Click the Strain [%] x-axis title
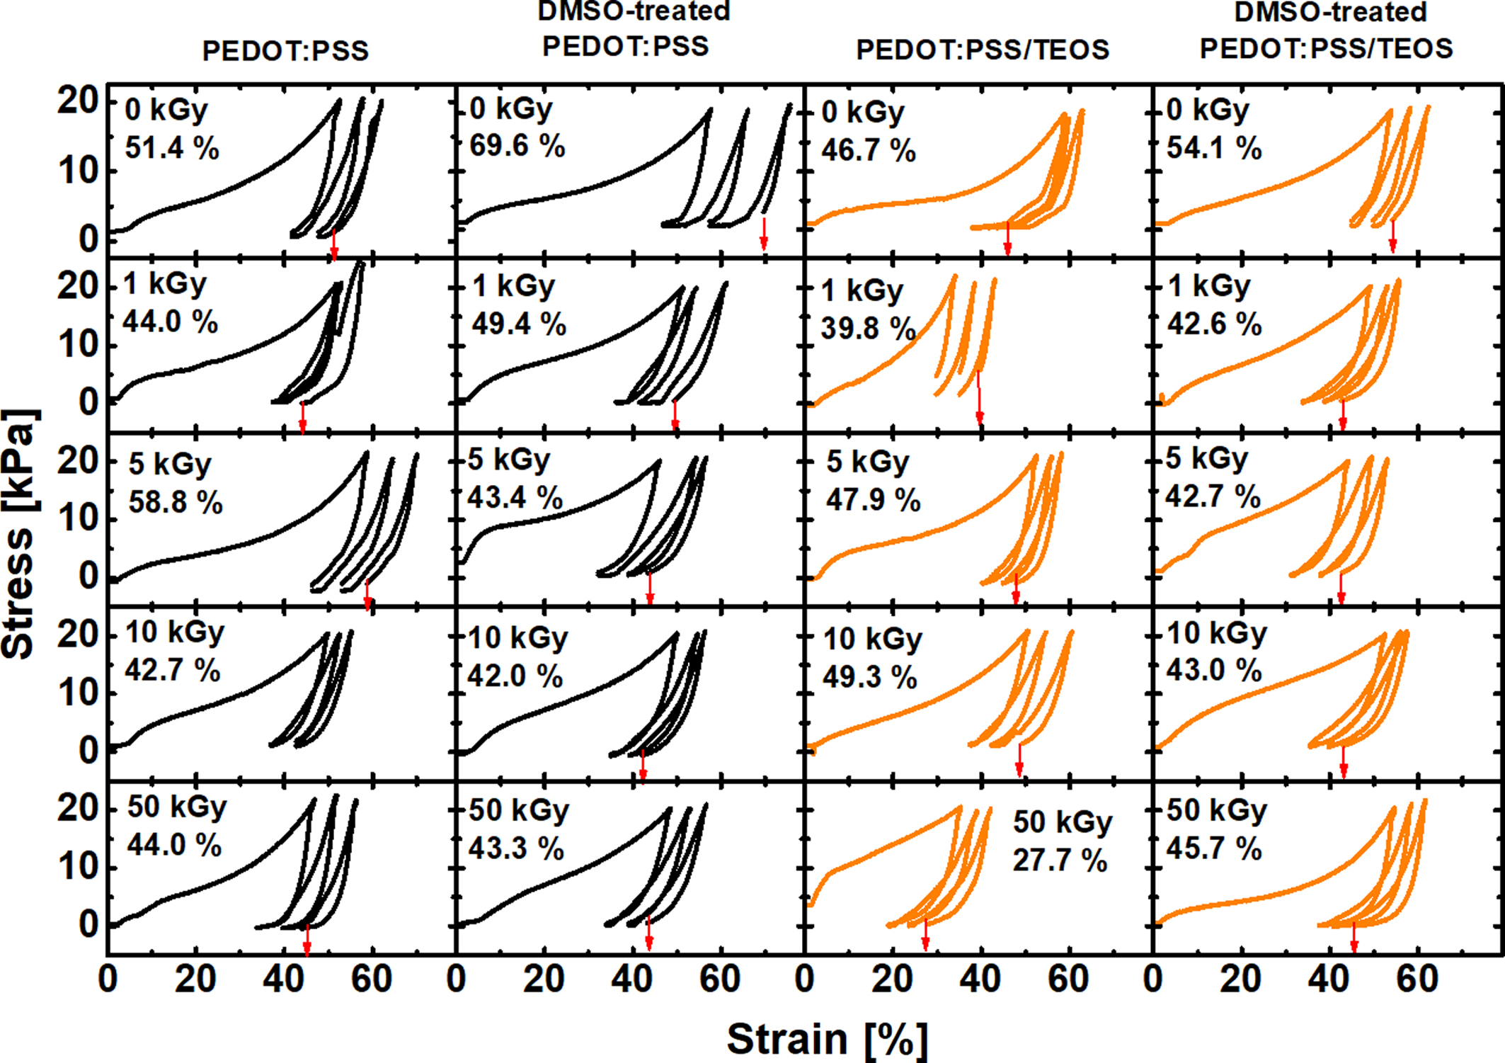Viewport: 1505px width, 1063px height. pyautogui.click(x=827, y=1039)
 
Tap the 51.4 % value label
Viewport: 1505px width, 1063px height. pyautogui.click(x=172, y=148)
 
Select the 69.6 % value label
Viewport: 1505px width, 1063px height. pyautogui.click(x=517, y=145)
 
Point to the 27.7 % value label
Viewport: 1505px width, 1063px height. pyautogui.click(x=1060, y=860)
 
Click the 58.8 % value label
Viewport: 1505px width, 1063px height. pyautogui.click(x=176, y=501)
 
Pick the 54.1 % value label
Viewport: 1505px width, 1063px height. pyautogui.click(x=1214, y=147)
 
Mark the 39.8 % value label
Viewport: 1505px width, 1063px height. pyautogui.click(x=869, y=328)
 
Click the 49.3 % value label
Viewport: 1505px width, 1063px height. pyautogui.click(x=870, y=676)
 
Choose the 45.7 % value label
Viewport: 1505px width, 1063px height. pyautogui.click(x=1214, y=848)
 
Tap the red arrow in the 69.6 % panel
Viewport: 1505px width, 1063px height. pyautogui.click(x=764, y=234)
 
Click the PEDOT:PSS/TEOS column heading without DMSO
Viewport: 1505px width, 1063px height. pyautogui.click(x=983, y=50)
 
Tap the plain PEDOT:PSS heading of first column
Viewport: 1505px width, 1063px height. pyautogui.click(x=285, y=50)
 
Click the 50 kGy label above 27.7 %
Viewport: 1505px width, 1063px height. pyautogui.click(x=1063, y=822)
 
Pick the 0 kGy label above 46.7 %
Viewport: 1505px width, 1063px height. pyautogui.click(x=863, y=111)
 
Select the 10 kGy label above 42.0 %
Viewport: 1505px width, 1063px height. pyautogui.click(x=517, y=637)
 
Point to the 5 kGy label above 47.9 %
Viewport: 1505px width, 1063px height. pyautogui.click(x=867, y=462)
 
